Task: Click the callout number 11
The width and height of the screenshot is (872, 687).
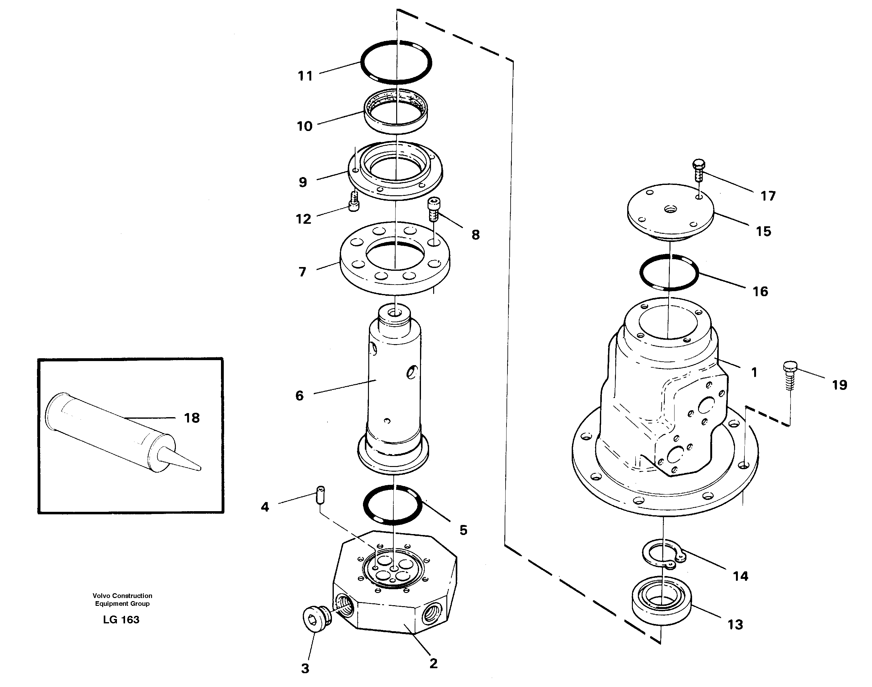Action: [305, 76]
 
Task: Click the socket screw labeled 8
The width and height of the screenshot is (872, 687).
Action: [433, 209]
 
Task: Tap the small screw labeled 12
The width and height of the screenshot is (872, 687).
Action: [354, 201]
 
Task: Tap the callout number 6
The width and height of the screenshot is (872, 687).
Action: [300, 396]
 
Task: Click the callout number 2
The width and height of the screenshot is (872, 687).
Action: [433, 663]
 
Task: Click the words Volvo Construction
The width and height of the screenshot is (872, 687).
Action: [122, 596]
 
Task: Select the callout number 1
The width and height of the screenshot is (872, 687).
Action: [754, 372]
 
